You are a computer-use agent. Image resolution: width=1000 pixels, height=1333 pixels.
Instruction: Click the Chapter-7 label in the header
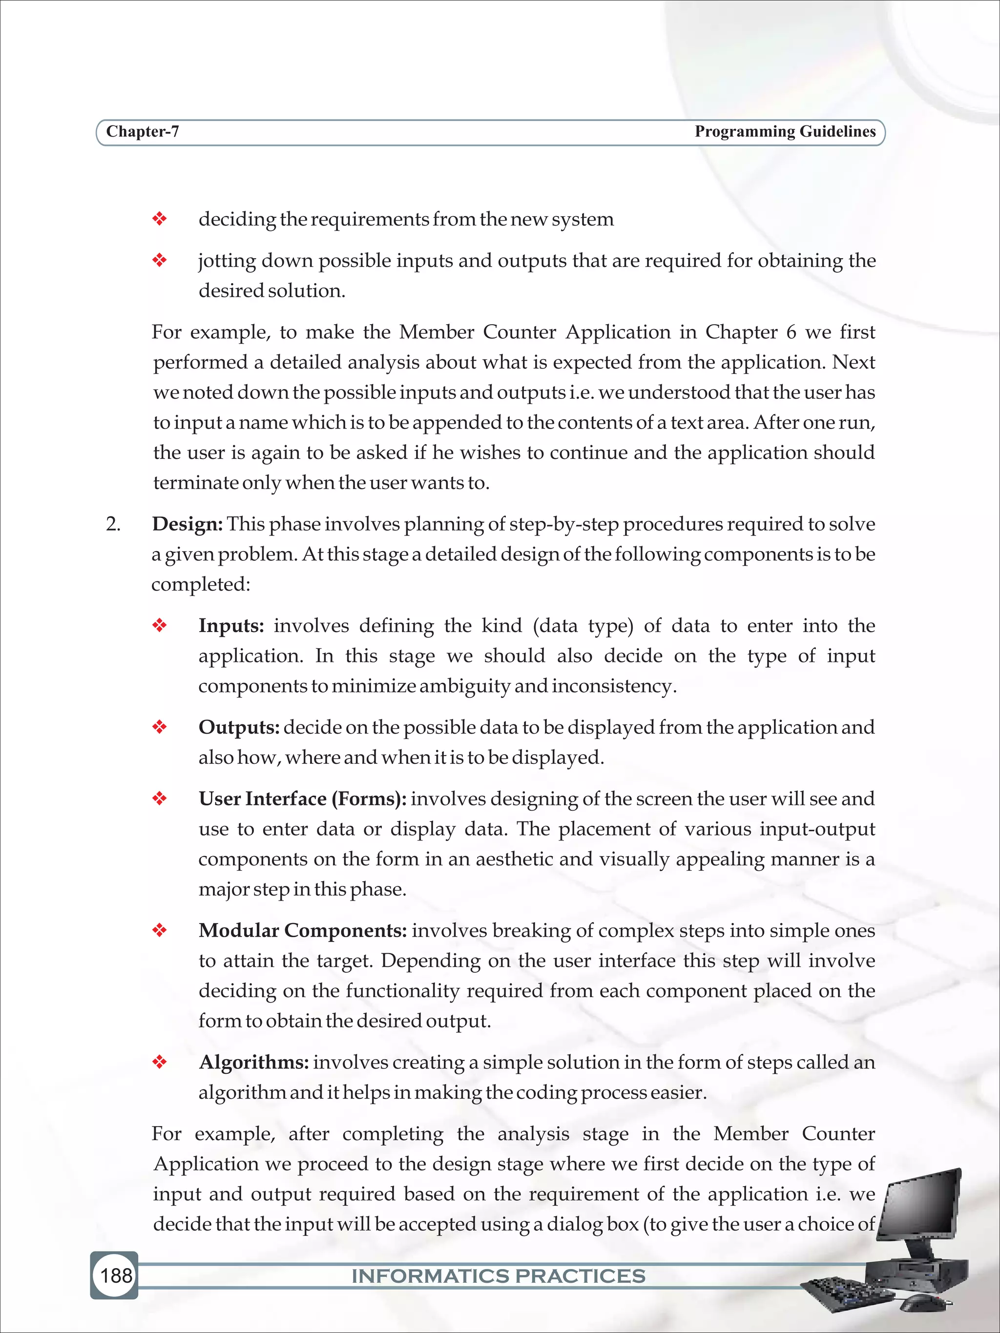pos(142,131)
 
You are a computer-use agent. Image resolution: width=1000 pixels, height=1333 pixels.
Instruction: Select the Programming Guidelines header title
pos(785,131)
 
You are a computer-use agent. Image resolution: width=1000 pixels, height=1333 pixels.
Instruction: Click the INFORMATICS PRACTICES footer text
pos(498,1276)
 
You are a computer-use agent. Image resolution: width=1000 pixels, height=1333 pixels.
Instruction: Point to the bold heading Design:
pos(187,524)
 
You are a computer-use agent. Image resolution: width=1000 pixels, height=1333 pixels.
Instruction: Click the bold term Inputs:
pos(231,626)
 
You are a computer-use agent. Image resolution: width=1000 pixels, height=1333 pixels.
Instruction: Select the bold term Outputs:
pos(239,727)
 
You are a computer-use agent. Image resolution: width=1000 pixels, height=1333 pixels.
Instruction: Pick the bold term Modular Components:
pos(303,930)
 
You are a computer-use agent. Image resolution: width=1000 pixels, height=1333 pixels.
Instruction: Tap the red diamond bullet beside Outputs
pos(159,727)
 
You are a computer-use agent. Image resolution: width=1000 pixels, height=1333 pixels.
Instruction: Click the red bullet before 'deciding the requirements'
pos(159,219)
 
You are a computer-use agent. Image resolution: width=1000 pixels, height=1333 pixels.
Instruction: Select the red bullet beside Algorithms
pos(159,1063)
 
